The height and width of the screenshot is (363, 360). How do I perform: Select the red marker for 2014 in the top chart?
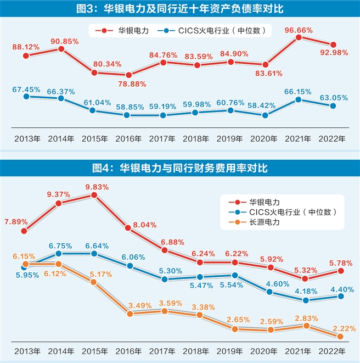[61, 49]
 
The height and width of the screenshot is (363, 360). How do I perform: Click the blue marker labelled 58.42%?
[266, 115]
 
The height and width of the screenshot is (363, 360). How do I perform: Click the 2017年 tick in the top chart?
[163, 138]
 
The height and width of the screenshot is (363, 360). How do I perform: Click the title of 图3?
[180, 8]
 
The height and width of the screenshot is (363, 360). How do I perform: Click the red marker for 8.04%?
[128, 227]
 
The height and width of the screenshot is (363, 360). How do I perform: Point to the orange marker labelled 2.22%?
[340, 336]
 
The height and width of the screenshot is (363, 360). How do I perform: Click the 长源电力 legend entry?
[263, 222]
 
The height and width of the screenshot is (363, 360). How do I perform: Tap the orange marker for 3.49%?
[130, 314]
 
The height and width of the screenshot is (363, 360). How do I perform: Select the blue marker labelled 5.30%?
[164, 278]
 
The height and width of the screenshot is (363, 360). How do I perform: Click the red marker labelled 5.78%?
[340, 270]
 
